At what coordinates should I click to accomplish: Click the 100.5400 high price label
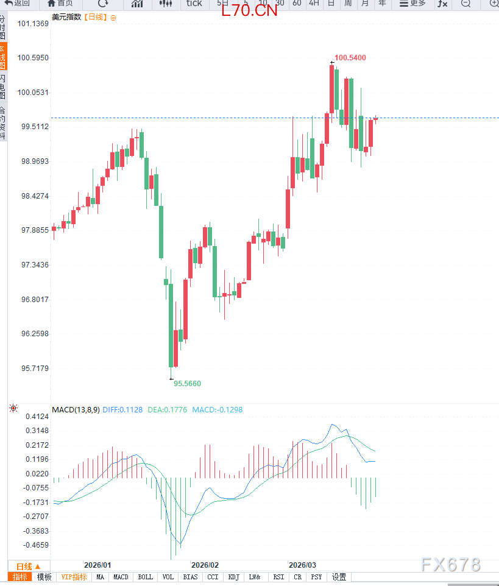350,58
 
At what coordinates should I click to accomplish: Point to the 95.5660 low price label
187,384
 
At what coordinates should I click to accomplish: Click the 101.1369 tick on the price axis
34,24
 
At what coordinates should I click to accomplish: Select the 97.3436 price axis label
34,265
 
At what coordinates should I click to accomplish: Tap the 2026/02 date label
205,565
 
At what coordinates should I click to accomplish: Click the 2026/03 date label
302,565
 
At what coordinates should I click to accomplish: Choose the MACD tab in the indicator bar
121,577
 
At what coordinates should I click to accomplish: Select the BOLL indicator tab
145,577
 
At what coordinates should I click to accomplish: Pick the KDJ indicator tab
233,577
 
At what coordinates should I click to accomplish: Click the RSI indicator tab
278,577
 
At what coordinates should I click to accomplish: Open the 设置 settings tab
339,577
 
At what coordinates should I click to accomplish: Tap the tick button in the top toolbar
194,4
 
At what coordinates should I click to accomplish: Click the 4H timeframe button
314,4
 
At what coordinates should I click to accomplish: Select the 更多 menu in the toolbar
412,4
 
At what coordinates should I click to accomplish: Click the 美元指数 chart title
66,17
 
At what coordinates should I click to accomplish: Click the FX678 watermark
450,565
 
